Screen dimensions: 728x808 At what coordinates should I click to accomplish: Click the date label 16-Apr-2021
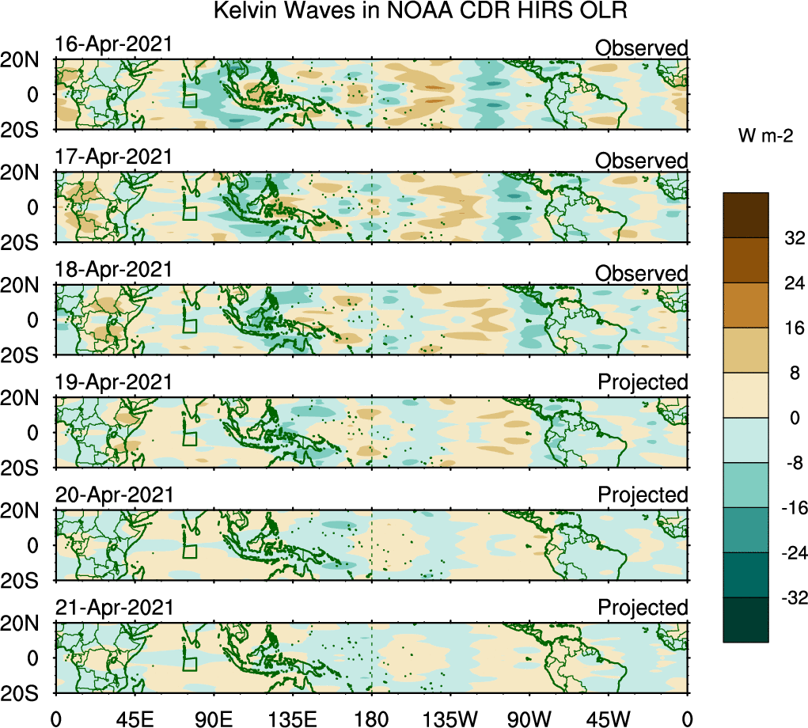coord(113,44)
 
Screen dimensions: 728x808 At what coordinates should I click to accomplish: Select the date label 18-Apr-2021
coord(113,270)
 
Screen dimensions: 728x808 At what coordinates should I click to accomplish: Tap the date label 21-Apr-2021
coord(113,608)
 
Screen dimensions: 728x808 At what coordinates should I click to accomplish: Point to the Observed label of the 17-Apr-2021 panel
coord(641,161)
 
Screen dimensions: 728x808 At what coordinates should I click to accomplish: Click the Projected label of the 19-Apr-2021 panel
coord(643,382)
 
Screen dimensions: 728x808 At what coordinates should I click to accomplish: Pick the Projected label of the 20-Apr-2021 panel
coord(643,495)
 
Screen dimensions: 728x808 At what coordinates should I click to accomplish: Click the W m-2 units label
coord(765,137)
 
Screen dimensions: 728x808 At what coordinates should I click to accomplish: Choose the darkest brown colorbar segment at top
coord(745,214)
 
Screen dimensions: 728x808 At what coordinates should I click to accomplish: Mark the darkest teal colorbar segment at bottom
coord(745,620)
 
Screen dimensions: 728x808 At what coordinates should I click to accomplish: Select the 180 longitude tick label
coord(372,718)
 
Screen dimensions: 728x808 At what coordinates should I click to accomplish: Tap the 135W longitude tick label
coord(451,718)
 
